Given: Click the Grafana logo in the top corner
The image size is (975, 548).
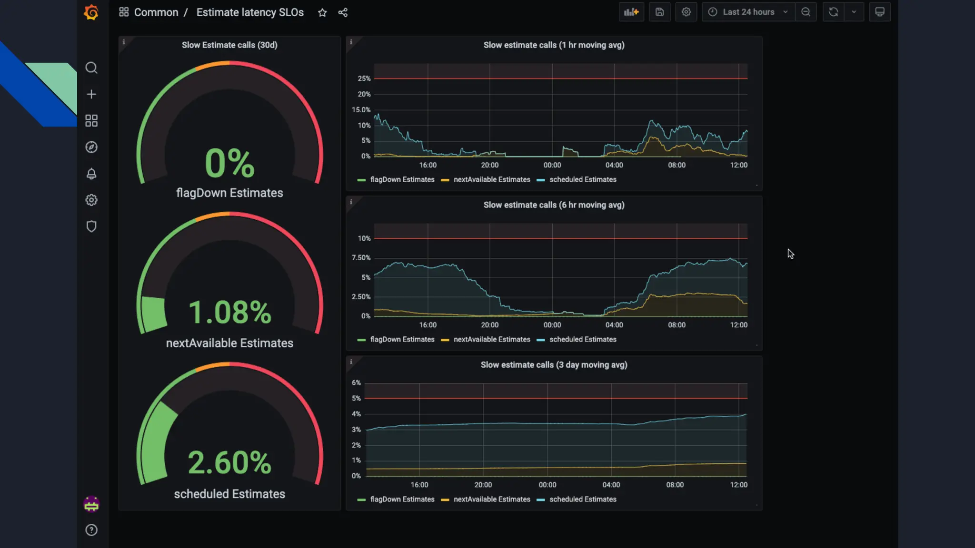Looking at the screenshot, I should pyautogui.click(x=91, y=12).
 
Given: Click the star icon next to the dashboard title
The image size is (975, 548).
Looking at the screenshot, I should pyautogui.click(x=322, y=13).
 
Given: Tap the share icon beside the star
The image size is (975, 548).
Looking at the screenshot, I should pyautogui.click(x=343, y=13).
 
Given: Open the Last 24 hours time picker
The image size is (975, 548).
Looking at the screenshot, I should pyautogui.click(x=748, y=12).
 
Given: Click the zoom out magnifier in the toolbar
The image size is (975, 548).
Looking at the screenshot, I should pyautogui.click(x=806, y=12).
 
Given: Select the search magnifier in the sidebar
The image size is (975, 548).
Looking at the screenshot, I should pyautogui.click(x=91, y=68).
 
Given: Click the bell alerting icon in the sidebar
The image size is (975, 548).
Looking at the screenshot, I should pyautogui.click(x=91, y=174).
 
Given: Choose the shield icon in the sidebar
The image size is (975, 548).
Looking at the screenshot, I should pyautogui.click(x=91, y=226).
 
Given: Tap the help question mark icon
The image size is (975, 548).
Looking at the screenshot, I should pyautogui.click(x=91, y=530).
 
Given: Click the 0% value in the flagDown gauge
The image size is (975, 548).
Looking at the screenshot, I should pyautogui.click(x=229, y=163).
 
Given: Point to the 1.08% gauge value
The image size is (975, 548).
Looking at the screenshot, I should pyautogui.click(x=229, y=313).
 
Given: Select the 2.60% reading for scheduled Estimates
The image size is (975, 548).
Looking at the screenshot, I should pyautogui.click(x=229, y=462).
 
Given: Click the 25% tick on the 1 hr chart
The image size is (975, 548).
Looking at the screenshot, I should pyautogui.click(x=364, y=78).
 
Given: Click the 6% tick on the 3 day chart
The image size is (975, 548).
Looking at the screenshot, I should pyautogui.click(x=356, y=383).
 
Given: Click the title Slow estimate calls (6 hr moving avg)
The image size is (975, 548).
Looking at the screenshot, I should pyautogui.click(x=554, y=205).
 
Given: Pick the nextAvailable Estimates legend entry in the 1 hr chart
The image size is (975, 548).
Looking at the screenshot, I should pyautogui.click(x=491, y=180).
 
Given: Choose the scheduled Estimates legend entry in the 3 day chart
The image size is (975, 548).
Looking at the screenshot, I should pyautogui.click(x=582, y=499).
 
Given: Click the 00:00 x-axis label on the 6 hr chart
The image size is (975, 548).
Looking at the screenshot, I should pyautogui.click(x=552, y=325).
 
